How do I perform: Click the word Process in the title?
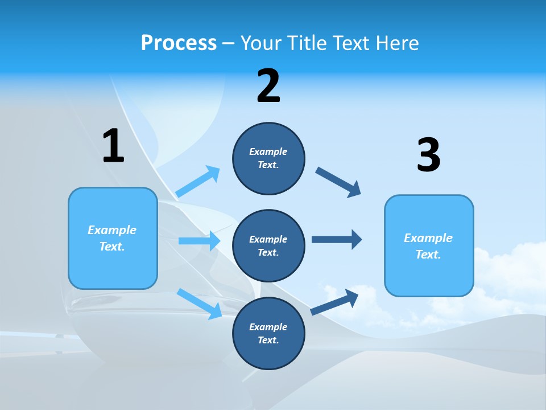click(179, 43)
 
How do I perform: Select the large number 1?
click(113, 146)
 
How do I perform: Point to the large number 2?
click(268, 86)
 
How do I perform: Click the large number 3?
click(428, 155)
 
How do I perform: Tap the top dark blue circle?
click(268, 158)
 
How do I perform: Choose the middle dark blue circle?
click(268, 245)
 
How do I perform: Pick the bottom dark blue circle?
click(268, 333)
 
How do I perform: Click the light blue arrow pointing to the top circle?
click(198, 182)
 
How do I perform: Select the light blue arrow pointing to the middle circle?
click(199, 241)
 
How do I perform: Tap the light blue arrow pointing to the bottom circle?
click(199, 304)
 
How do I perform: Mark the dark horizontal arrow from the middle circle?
click(337, 240)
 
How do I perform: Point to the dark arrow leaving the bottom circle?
click(335, 302)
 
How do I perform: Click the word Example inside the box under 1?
click(112, 230)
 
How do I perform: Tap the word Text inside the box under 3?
click(428, 255)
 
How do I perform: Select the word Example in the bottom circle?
click(268, 327)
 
